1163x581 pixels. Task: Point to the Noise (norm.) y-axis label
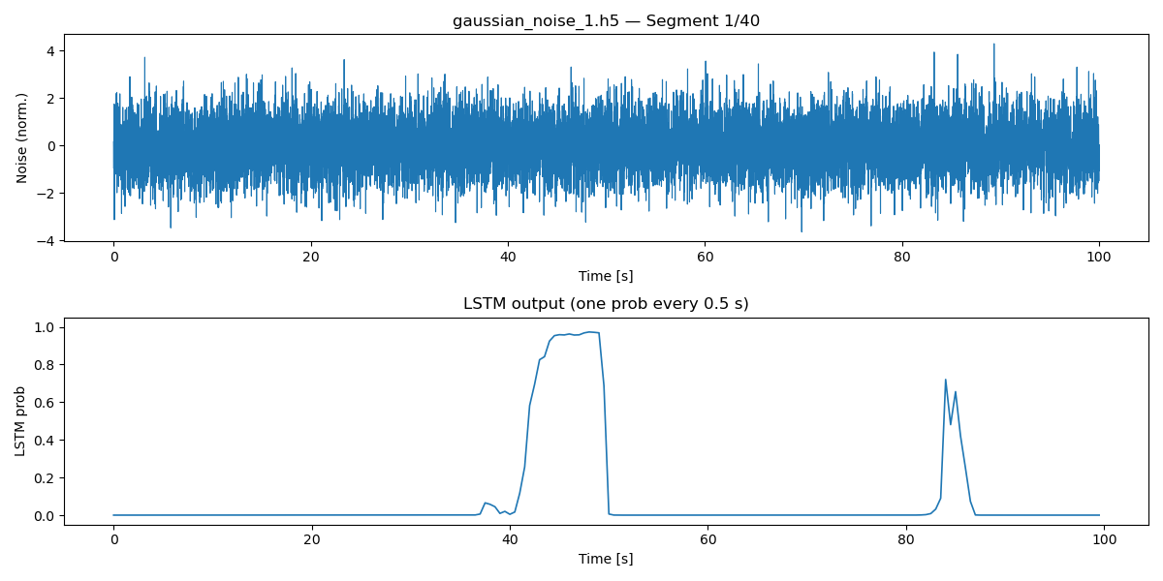[x=22, y=138]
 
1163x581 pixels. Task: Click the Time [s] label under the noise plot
[x=606, y=276]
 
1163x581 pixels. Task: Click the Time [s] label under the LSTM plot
[x=606, y=559]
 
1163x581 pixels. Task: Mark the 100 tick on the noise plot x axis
[x=1099, y=257]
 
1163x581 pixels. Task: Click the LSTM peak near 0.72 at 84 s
[x=945, y=380]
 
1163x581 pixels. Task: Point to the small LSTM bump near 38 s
[x=486, y=503]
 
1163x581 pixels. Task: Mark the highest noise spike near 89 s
[x=993, y=45]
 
